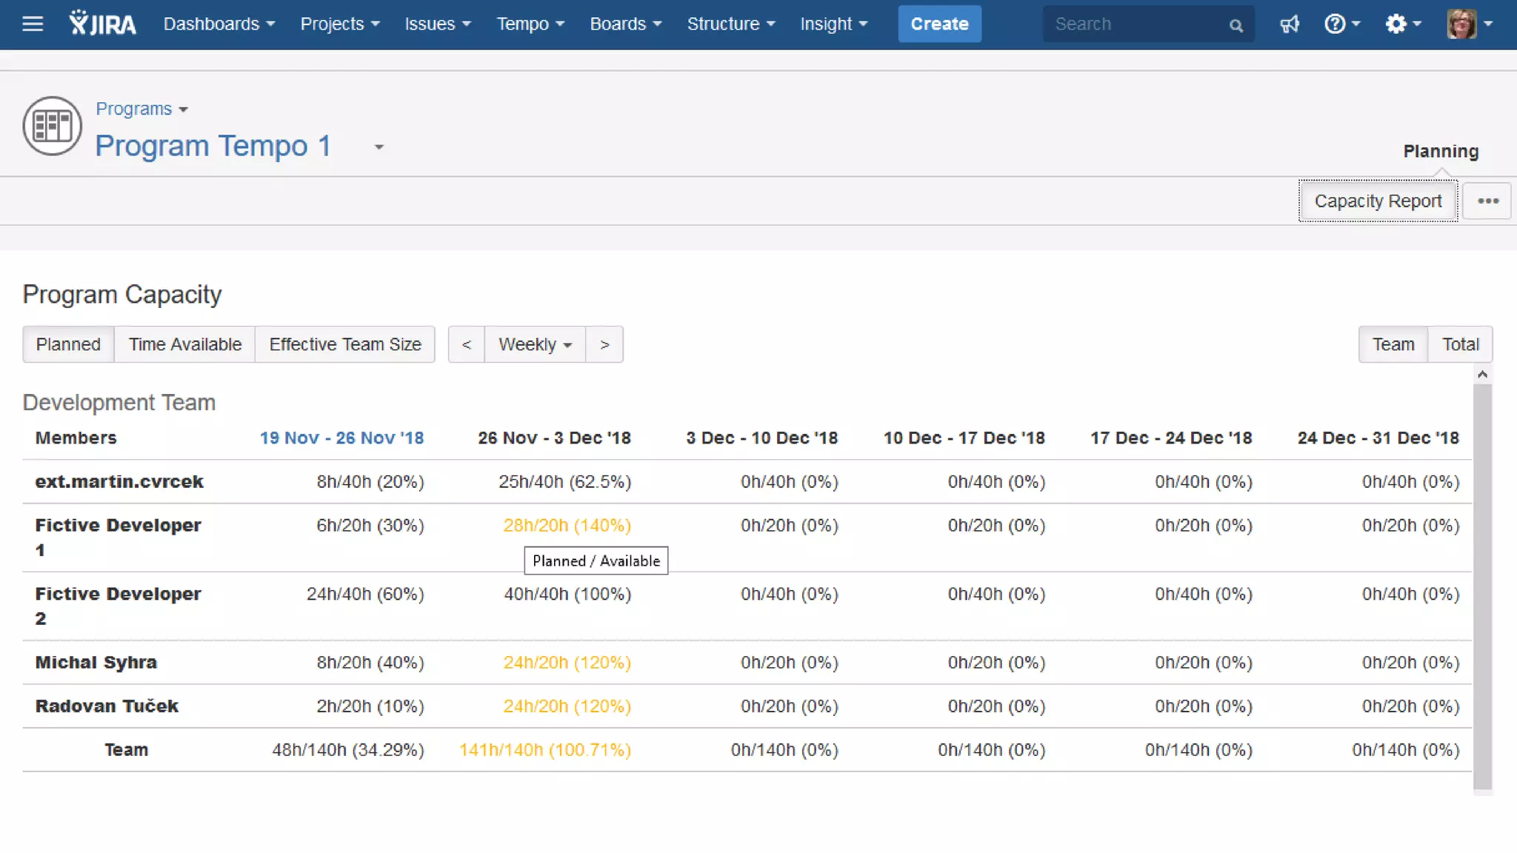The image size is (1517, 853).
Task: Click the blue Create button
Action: (x=939, y=24)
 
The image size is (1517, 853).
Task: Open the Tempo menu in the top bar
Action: (x=530, y=24)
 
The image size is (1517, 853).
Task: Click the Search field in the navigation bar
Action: (x=1137, y=24)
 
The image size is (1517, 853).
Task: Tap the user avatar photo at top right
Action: (x=1461, y=24)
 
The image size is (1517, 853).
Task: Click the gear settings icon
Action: (x=1396, y=24)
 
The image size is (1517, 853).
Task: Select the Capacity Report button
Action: (x=1378, y=201)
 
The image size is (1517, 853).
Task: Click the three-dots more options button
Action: (x=1487, y=201)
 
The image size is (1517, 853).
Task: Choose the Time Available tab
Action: (x=185, y=344)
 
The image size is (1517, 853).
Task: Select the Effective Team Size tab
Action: (x=345, y=344)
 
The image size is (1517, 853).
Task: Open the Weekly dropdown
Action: (x=535, y=344)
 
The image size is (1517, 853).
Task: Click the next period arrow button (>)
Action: (x=604, y=344)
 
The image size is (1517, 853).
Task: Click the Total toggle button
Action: (x=1460, y=344)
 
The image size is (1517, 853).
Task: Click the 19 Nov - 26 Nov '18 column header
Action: (x=341, y=438)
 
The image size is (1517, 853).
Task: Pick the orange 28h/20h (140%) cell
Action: (x=567, y=525)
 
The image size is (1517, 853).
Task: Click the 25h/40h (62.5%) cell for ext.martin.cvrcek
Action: (x=564, y=482)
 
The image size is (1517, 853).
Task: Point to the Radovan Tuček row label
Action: (x=107, y=706)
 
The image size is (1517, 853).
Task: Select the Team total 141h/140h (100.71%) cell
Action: (x=544, y=749)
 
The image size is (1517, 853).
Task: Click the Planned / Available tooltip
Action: (x=596, y=561)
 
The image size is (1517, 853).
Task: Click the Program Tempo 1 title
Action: (x=213, y=146)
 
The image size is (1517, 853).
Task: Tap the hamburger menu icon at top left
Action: (x=33, y=24)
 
